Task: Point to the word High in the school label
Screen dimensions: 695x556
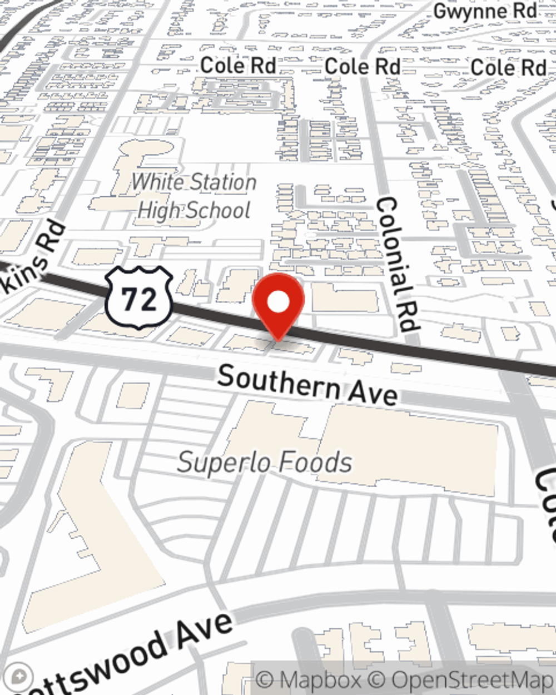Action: [158, 211]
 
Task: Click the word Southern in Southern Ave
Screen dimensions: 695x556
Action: [278, 383]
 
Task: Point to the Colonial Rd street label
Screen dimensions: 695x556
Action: [397, 265]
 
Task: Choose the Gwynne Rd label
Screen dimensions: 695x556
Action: [485, 11]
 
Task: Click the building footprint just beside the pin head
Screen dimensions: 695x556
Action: [345, 297]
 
